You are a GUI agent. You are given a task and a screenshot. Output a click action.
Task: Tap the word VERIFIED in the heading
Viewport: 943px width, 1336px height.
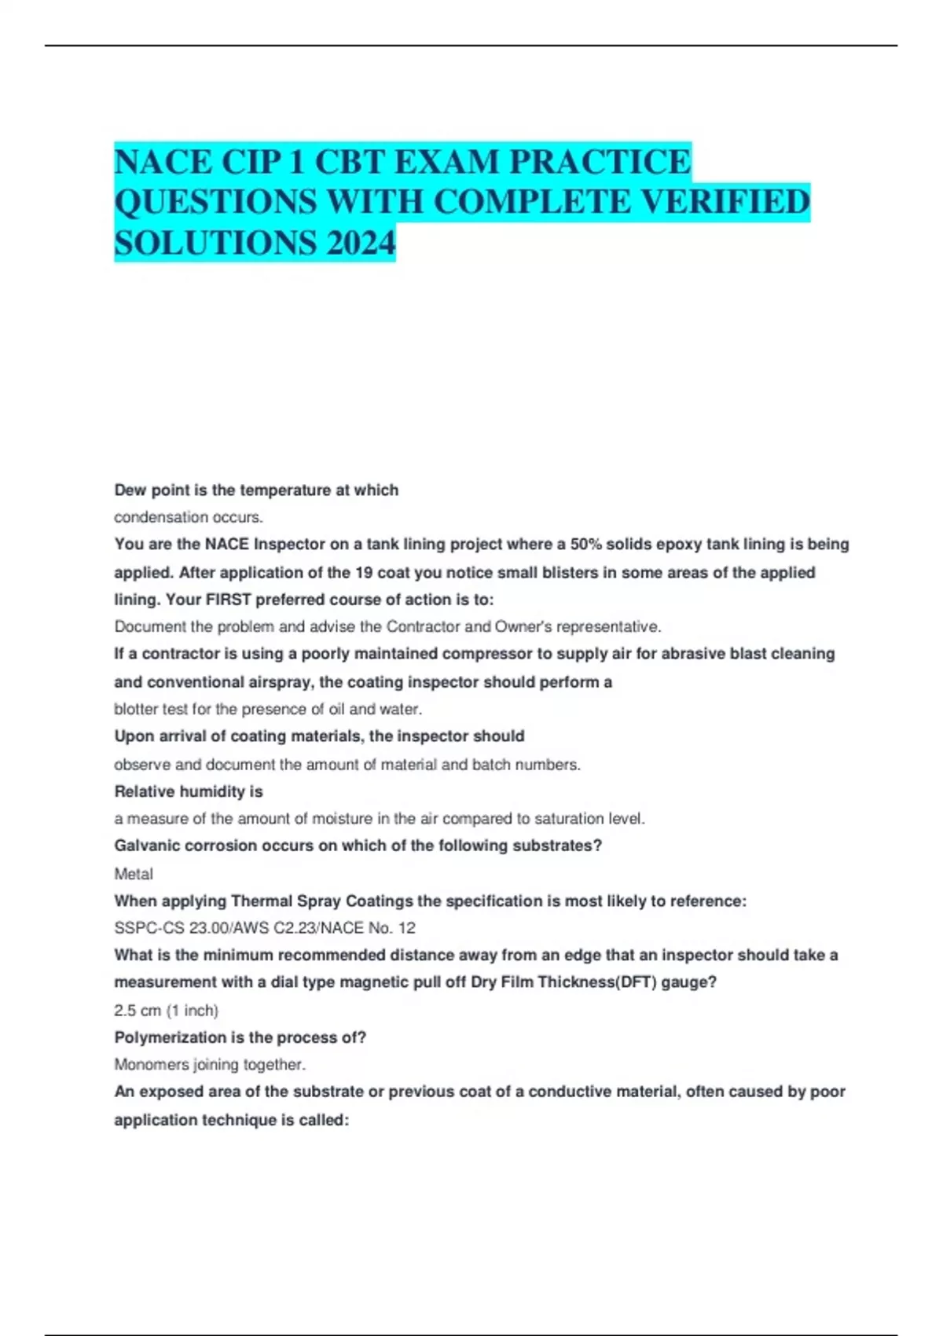pyautogui.click(x=725, y=202)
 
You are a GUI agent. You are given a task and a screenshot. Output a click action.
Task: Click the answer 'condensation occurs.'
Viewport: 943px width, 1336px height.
pyautogui.click(x=189, y=517)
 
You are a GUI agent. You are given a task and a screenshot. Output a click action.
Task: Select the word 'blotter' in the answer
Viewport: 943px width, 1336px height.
pyautogui.click(x=135, y=709)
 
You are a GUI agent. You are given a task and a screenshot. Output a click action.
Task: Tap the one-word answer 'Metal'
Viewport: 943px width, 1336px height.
pyautogui.click(x=134, y=874)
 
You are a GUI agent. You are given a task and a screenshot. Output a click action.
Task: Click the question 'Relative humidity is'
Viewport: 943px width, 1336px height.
pyautogui.click(x=189, y=791)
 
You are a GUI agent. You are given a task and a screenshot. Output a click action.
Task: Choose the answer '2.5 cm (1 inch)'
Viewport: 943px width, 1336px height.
pyautogui.click(x=167, y=1010)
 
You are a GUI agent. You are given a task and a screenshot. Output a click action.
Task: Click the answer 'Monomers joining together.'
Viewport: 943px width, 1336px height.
pyautogui.click(x=210, y=1065)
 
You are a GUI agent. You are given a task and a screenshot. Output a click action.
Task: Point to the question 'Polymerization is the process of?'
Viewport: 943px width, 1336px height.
pyautogui.click(x=240, y=1037)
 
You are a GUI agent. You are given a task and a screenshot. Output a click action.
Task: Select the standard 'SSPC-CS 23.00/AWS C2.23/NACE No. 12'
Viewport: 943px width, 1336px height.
pyautogui.click(x=265, y=928)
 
